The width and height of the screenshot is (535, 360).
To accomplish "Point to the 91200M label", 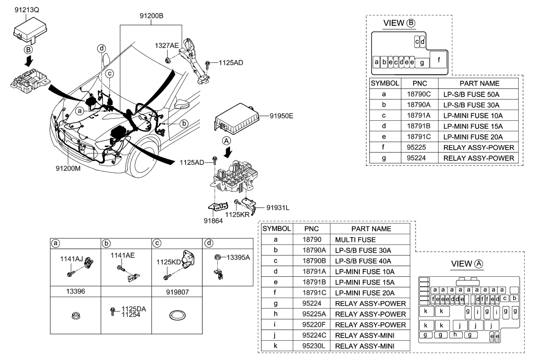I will [x=68, y=168].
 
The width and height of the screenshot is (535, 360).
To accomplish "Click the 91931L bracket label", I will [x=275, y=207].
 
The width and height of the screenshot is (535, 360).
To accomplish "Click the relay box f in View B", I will [x=438, y=59].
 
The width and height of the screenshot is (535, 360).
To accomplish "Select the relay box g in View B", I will [x=422, y=63].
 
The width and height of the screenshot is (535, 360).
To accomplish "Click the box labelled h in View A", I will [x=454, y=335].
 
